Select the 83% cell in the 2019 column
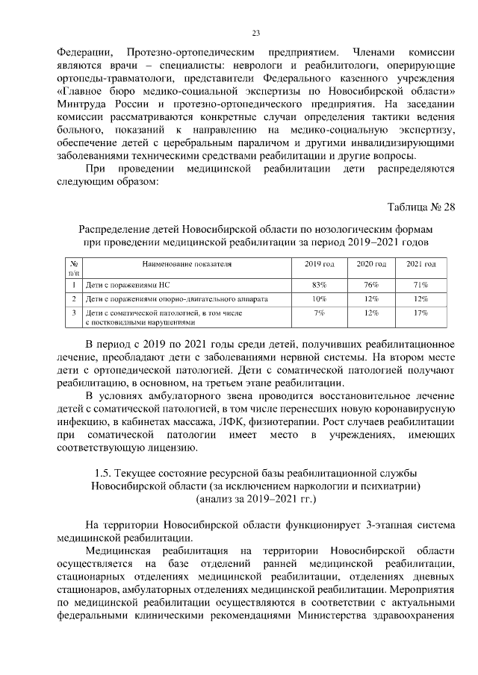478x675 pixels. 320,284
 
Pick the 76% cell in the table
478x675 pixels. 370,284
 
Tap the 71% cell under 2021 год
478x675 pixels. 420,284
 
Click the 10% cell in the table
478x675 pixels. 320,299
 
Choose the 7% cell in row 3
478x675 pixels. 320,313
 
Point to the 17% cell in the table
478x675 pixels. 420,313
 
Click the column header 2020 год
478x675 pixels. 370,265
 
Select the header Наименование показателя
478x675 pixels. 187,265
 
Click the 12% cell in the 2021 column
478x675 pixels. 420,299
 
